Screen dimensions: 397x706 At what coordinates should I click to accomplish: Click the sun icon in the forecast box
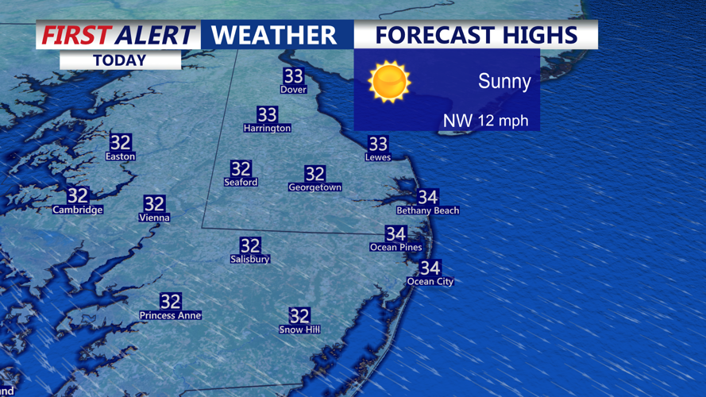389,82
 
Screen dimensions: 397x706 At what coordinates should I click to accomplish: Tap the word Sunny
504,81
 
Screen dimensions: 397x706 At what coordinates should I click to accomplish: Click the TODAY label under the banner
119,60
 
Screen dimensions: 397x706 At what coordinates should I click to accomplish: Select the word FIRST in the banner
75,35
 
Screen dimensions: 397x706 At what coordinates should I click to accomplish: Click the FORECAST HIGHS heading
476,35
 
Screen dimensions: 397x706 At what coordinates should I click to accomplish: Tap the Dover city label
293,90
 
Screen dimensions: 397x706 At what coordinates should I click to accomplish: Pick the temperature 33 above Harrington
267,115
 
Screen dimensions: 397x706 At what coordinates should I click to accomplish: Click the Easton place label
121,156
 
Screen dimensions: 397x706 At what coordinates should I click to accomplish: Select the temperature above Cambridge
78,195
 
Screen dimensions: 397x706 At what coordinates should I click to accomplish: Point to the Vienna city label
154,217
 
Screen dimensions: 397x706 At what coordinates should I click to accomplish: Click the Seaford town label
241,182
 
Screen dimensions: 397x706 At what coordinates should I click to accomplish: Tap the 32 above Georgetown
314,174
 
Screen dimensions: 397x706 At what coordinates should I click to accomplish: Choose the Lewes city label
378,157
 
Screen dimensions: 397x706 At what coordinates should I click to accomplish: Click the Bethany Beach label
427,210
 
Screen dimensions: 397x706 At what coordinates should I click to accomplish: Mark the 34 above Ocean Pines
395,233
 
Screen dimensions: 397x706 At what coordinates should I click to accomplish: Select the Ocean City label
430,281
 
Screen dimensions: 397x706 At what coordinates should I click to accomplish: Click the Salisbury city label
250,259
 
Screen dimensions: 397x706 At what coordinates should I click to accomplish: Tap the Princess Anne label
170,315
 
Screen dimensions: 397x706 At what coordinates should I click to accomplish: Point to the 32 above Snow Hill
299,316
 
